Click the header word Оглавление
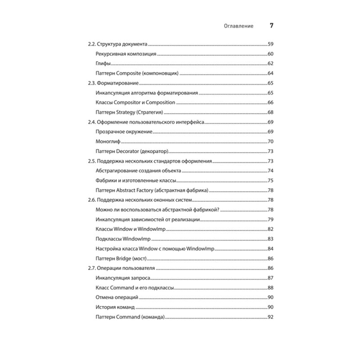238,26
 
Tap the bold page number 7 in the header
271,26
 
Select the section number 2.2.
92,45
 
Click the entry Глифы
103,64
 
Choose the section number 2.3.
92,83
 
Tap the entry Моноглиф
108,141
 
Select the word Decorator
131,151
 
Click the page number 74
271,171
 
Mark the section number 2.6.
92,200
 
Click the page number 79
271,219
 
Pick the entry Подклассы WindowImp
123,238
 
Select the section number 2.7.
92,268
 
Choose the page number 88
271,288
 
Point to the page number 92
271,317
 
